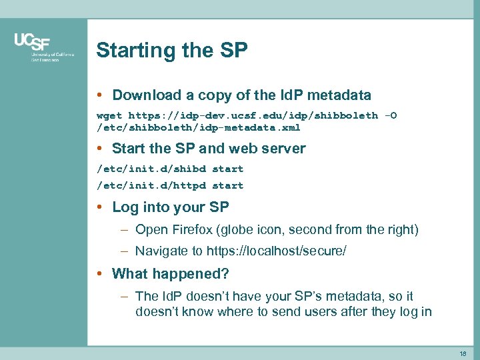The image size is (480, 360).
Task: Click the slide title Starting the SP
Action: point(171,51)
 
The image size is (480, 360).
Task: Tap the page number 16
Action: point(462,353)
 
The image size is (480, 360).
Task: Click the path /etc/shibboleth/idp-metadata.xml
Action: point(199,127)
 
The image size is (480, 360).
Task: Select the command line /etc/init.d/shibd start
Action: point(170,169)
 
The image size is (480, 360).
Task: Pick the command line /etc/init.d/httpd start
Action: point(170,185)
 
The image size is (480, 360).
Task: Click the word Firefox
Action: point(193,230)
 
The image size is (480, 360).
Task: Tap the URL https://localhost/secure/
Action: point(277,251)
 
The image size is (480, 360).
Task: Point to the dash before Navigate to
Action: point(125,251)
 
